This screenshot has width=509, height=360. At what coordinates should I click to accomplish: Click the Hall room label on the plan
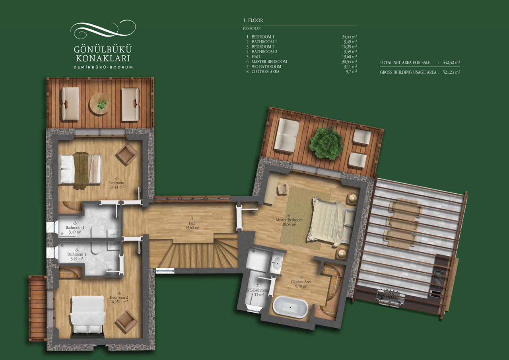click(192, 223)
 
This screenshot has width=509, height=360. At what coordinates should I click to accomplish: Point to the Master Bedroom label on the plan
click(289, 220)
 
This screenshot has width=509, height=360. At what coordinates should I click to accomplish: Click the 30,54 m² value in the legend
click(349, 62)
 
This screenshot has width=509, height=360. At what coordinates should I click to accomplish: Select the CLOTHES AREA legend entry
click(265, 72)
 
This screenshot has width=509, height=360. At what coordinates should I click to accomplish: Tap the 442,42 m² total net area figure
click(451, 62)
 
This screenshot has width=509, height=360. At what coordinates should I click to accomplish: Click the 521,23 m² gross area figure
click(451, 72)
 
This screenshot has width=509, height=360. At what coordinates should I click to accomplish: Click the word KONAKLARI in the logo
click(103, 58)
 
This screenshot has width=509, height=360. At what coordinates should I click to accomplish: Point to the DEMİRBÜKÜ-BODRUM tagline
click(103, 67)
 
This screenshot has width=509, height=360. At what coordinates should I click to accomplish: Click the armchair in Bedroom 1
click(126, 154)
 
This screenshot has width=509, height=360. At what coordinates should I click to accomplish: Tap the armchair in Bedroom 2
click(126, 322)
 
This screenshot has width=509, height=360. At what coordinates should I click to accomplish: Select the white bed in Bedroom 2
click(88, 314)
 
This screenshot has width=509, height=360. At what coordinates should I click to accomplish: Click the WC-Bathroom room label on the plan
click(257, 290)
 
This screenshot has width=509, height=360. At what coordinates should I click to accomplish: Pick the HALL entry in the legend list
click(256, 57)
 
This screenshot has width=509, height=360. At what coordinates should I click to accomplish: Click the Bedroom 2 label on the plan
click(119, 297)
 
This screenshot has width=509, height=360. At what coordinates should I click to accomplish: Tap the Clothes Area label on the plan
click(301, 282)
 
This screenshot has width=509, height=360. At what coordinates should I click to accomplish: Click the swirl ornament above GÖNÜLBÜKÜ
click(103, 29)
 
